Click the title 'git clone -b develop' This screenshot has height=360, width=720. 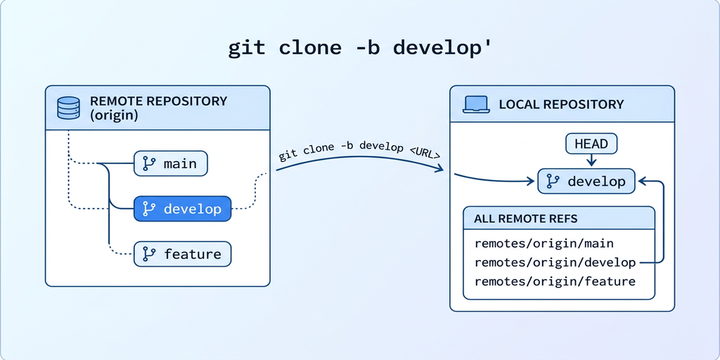(x=360, y=48)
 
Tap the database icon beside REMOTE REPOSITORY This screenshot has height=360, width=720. (x=68, y=108)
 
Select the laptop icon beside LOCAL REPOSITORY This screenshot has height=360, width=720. (x=475, y=104)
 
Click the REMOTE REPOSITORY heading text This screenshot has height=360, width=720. (x=158, y=101)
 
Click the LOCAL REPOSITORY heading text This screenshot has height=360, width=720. (x=561, y=104)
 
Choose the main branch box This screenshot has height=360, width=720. (x=171, y=163)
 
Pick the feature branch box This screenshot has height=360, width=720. (x=182, y=253)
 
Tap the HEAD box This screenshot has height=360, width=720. (x=591, y=144)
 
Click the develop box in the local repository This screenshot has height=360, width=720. (x=586, y=181)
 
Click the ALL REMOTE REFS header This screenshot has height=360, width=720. (x=526, y=219)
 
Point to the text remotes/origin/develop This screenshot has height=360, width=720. (x=555, y=262)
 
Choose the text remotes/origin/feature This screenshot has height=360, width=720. (x=555, y=281)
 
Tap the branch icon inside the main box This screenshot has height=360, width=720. (x=149, y=163)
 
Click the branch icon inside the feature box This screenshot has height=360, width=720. (x=149, y=253)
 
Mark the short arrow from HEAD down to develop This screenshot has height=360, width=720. (x=591, y=162)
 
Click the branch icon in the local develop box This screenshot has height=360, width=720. (x=553, y=181)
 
